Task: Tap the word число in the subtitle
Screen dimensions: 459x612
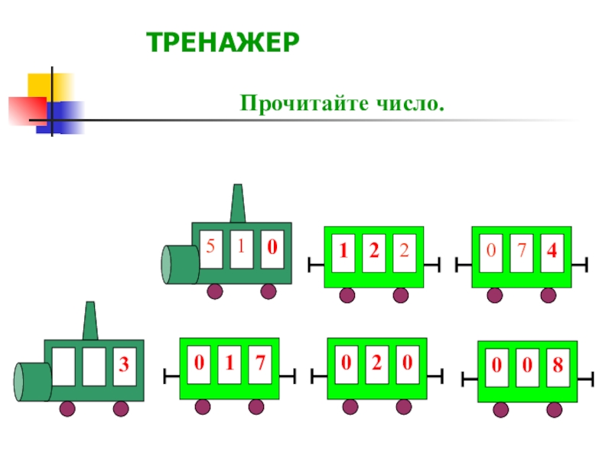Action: (x=415, y=102)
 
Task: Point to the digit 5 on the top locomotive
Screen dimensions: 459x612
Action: (x=210, y=246)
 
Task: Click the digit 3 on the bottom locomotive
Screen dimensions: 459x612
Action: (x=122, y=366)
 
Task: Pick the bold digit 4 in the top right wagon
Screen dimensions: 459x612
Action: (x=552, y=249)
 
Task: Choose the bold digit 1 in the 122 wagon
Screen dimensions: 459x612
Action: (x=344, y=249)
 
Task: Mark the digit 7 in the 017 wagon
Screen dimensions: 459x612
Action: (x=260, y=362)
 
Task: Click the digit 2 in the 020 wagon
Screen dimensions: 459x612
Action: (x=376, y=363)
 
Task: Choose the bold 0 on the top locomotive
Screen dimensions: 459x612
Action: (x=272, y=247)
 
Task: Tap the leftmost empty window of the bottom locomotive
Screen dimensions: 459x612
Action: (x=64, y=366)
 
